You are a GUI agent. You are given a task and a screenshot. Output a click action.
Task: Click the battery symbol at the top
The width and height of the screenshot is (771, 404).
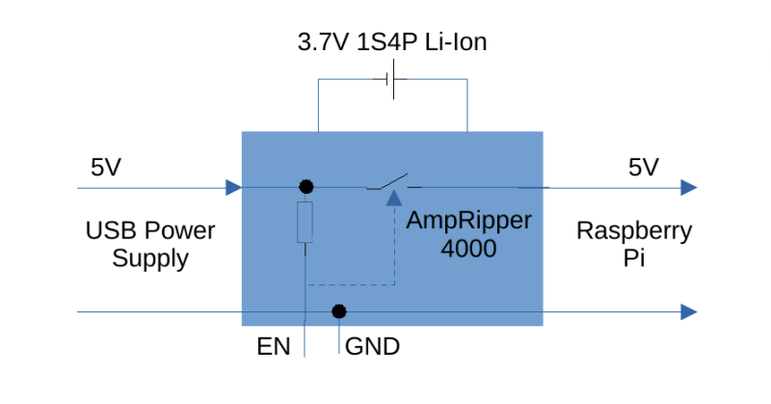click(x=392, y=80)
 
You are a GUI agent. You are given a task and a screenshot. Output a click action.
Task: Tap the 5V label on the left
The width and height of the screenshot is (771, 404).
click(x=106, y=167)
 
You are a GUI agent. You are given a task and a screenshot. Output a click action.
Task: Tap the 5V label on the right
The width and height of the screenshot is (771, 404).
click(x=643, y=167)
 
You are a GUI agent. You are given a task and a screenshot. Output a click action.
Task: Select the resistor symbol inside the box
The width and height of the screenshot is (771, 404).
click(x=305, y=223)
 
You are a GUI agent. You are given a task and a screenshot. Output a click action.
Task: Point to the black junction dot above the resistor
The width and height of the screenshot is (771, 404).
click(x=306, y=186)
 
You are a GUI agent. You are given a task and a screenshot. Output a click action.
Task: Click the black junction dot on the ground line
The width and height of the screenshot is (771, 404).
click(x=338, y=311)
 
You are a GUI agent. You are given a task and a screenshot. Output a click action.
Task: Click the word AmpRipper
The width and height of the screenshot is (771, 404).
click(x=468, y=221)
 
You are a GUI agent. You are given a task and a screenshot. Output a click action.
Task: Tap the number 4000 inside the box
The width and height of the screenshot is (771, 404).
click(x=468, y=248)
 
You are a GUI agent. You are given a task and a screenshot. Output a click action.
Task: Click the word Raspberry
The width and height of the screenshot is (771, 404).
click(x=634, y=231)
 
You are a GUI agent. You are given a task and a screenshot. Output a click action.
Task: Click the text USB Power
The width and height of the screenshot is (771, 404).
click(x=149, y=231)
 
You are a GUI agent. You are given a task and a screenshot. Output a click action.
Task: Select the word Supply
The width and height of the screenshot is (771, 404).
click(x=149, y=258)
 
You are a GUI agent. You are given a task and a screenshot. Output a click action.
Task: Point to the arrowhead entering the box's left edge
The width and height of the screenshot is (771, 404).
click(x=232, y=187)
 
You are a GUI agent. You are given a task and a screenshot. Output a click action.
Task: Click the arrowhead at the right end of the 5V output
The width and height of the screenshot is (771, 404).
click(x=688, y=187)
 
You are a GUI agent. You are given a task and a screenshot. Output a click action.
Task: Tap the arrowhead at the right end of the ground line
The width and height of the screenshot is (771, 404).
click(x=688, y=311)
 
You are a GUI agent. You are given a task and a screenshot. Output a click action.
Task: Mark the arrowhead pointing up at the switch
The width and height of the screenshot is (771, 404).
click(x=393, y=198)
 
